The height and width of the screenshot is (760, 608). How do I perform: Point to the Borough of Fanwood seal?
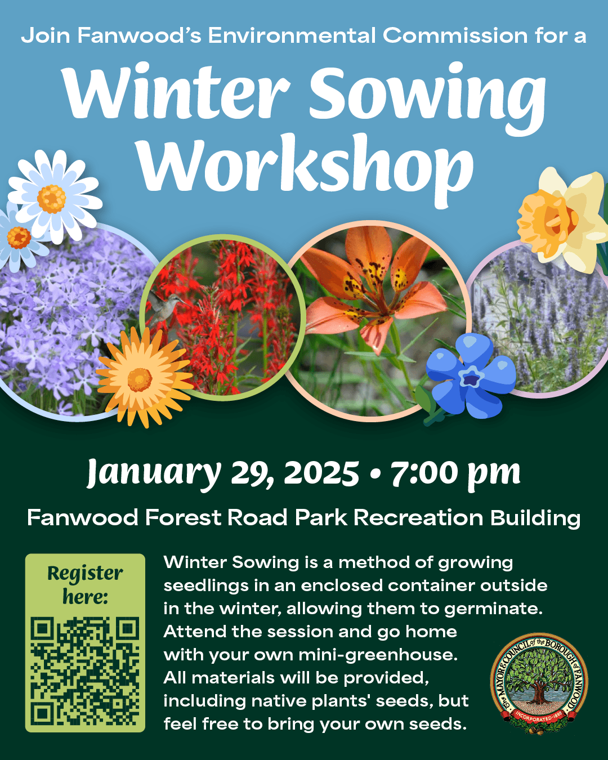[539, 682]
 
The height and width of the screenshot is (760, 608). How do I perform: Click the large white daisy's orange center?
[52, 199]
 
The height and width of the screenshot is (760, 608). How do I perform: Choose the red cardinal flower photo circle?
[225, 315]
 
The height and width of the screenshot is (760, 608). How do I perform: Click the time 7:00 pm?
[455, 473]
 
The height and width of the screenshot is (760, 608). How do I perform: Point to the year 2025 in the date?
[321, 473]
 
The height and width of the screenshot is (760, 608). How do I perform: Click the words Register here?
[85, 584]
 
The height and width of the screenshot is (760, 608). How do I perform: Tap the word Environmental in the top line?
[292, 35]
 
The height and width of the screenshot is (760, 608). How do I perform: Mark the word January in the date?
[154, 473]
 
